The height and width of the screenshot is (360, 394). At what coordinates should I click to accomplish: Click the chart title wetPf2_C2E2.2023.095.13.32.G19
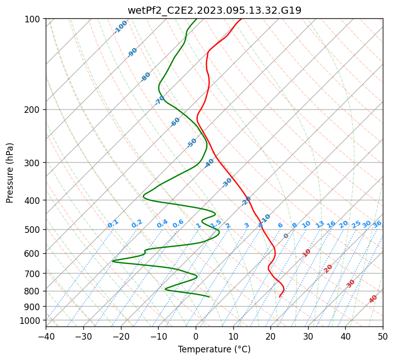[215, 10]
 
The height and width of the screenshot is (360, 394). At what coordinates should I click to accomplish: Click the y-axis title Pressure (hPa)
[9, 173]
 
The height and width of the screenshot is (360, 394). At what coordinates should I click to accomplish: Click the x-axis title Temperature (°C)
[215, 349]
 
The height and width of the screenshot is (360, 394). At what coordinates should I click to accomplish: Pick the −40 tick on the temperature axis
[46, 336]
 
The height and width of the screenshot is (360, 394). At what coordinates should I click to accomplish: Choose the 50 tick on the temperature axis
[383, 336]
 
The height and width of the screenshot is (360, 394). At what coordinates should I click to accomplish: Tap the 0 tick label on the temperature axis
[196, 336]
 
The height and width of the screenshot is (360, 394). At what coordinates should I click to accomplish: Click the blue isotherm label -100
[120, 27]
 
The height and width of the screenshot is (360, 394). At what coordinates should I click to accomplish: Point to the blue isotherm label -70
[160, 100]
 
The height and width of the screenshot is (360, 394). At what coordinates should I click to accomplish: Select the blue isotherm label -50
[192, 143]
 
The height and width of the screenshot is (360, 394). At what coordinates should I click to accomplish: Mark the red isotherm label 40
[373, 299]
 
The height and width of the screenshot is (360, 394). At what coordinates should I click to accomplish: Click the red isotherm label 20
[328, 269]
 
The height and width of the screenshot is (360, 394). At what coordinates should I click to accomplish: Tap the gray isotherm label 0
[286, 236]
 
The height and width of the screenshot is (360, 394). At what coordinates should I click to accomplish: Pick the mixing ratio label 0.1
[113, 224]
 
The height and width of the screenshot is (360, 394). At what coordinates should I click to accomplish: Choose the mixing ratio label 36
[377, 224]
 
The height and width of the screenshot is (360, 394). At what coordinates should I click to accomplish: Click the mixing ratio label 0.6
[178, 223]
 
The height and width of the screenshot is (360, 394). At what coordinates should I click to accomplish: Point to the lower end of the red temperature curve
[280, 297]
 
